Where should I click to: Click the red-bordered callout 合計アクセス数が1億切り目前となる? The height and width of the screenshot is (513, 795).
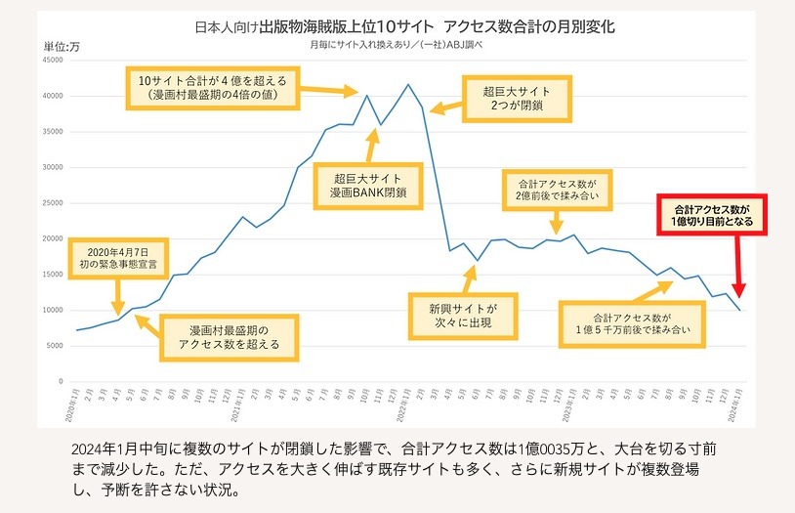pos(711,216)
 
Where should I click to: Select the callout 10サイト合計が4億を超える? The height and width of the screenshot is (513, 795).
pos(213,87)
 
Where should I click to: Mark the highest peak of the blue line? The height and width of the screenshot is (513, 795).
pos(407,84)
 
